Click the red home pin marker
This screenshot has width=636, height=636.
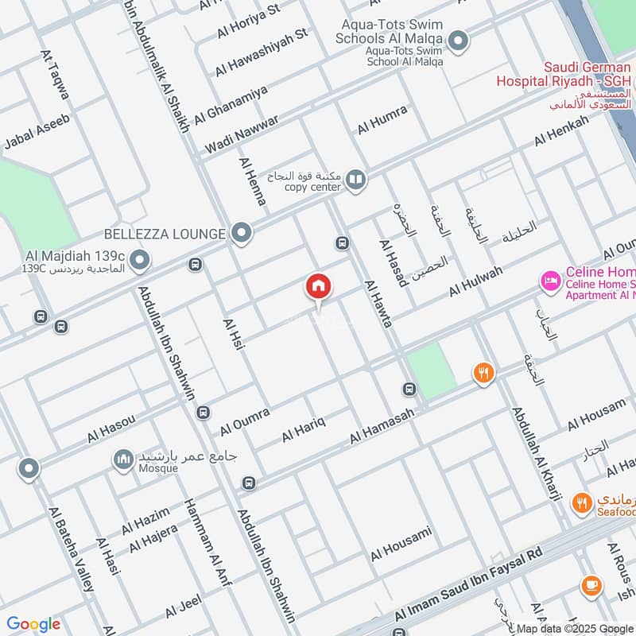[x=319, y=287]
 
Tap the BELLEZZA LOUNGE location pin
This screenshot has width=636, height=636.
[x=242, y=234]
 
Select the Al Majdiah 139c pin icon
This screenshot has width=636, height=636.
[x=140, y=260]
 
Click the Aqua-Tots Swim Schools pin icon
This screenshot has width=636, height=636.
[x=457, y=39]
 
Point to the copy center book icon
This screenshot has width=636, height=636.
[x=355, y=180]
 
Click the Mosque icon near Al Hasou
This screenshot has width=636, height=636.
[x=122, y=460]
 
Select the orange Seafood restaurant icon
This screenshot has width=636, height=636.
[x=583, y=502]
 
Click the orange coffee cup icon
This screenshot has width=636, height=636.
[x=591, y=585]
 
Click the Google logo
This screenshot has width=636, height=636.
[x=33, y=624]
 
